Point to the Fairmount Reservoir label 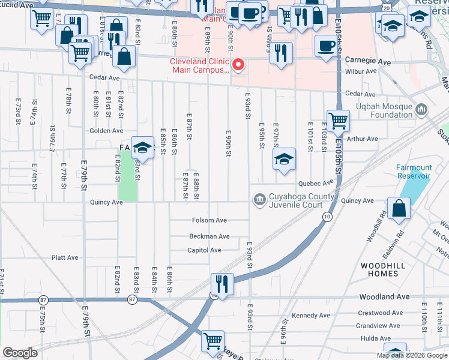[x=413, y=172]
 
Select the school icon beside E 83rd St [x=143, y=147]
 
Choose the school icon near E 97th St [x=284, y=158]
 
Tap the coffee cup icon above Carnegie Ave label [x=327, y=46]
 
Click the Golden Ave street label [x=106, y=131]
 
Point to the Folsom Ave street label [x=209, y=220]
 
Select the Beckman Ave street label [x=209, y=236]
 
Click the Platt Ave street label [x=65, y=258]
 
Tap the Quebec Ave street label [x=315, y=184]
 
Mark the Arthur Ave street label [x=363, y=139]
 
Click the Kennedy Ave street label [x=310, y=316]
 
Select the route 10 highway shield [x=327, y=217]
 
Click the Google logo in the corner [x=20, y=352]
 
